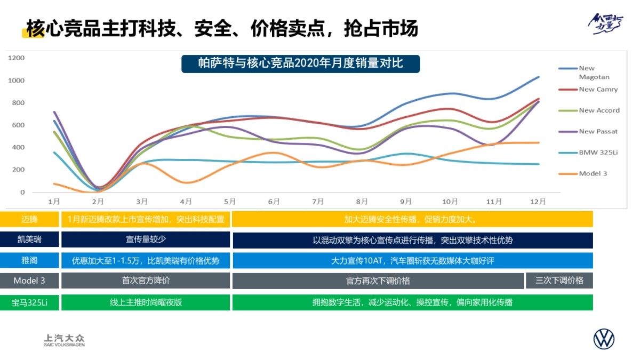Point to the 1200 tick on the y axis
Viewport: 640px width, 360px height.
coord(17,58)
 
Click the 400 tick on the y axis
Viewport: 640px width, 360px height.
coord(19,147)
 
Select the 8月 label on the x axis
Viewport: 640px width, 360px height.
coord(362,202)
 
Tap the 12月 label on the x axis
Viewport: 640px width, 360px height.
coord(538,202)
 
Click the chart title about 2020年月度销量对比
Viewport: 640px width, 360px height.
coord(300,63)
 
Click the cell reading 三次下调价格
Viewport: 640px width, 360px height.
coord(559,281)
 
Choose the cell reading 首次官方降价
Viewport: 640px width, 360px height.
coord(146,281)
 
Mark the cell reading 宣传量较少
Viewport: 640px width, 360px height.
coord(146,239)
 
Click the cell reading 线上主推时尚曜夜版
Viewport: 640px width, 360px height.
coord(146,302)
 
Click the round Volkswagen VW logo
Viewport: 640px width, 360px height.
coord(604,339)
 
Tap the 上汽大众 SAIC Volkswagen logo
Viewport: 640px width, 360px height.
coord(64,340)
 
